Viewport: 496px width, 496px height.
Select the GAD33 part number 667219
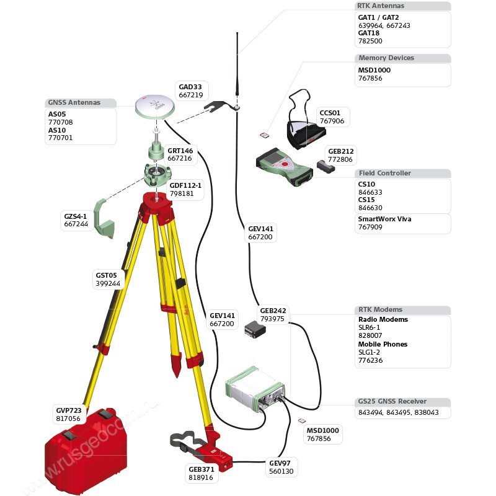click(x=190, y=95)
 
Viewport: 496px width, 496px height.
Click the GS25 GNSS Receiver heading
click(x=392, y=402)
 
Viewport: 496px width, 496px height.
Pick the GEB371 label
click(x=200, y=469)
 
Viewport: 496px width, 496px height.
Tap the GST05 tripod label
click(x=106, y=275)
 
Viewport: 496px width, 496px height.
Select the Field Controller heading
click(x=384, y=174)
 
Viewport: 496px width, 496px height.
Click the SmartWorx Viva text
click(x=384, y=219)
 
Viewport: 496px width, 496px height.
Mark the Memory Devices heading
click(x=386, y=58)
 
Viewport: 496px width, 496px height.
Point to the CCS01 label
click(x=330, y=113)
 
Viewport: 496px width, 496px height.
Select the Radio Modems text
click(x=383, y=319)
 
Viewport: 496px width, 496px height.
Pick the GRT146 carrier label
click(x=179, y=150)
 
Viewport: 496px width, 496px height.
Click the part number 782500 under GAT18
click(x=370, y=41)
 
